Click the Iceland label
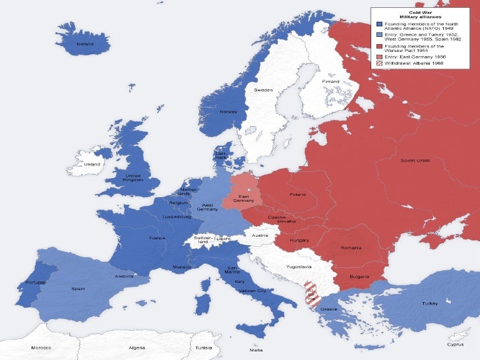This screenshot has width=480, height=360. tap(84, 44)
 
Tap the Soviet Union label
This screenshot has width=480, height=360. tap(415, 160)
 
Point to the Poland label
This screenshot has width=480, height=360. tap(297, 195)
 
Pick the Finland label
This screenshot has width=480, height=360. tap(330, 81)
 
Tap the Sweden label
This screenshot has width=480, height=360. tap(264, 88)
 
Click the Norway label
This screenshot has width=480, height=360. tap(227, 111)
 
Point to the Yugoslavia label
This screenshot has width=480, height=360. tap(298, 267)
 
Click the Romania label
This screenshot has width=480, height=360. tap(351, 247)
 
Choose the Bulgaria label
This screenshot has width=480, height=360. tap(359, 276)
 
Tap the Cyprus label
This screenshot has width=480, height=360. tap(455, 344)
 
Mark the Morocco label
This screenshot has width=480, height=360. tap(42, 347)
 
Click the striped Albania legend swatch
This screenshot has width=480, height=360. tap(379, 63)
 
